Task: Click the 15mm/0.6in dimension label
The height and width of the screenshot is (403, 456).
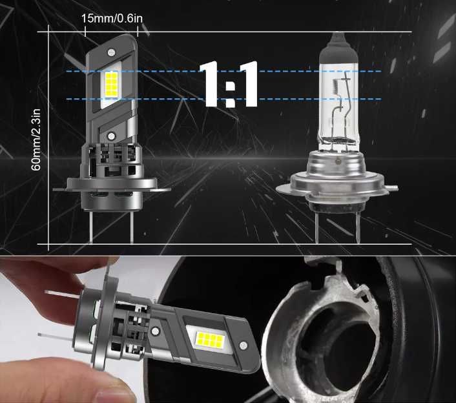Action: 112,17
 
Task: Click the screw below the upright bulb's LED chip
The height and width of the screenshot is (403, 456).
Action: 112,136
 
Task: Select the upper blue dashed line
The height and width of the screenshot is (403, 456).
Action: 258,71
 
